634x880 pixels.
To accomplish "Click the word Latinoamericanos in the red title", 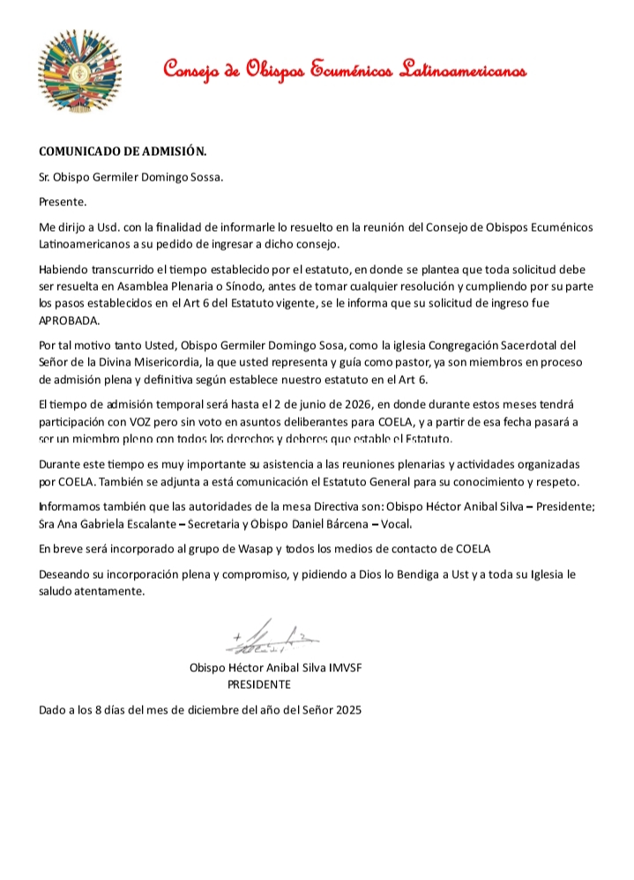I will (464, 70).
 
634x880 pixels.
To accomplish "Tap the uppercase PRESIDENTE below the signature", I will (259, 684).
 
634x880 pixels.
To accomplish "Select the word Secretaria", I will (235, 521).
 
